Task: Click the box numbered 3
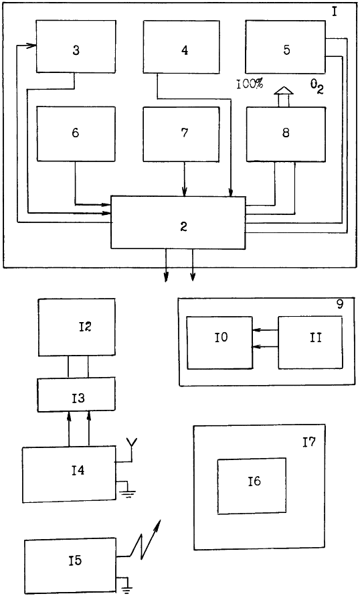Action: pos(76,46)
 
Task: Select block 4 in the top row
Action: pos(181,47)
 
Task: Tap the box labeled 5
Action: pos(285,47)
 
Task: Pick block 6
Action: pos(76,134)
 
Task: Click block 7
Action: pos(181,134)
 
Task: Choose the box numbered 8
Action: pos(286,134)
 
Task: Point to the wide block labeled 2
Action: pos(178,223)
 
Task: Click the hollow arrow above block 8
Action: pos(284,96)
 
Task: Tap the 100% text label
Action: pos(250,84)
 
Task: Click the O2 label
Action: pos(317,87)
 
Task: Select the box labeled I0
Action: pos(219,342)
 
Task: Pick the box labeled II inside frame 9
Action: pos(310,342)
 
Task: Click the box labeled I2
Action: pos(77,327)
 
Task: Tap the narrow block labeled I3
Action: pos(76,394)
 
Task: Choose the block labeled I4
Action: pos(69,474)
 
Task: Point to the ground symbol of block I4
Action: pos(127,490)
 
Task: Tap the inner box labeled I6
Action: pos(252,486)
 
